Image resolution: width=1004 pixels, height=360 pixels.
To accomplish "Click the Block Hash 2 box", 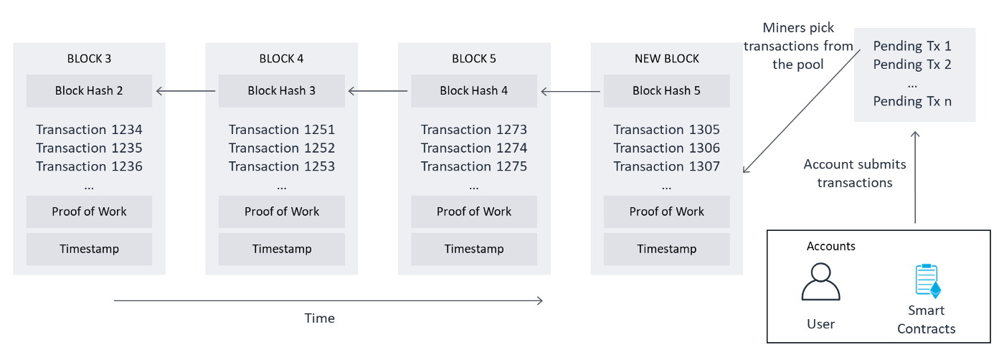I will [x=89, y=91].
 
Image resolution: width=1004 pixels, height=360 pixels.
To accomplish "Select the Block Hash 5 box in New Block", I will [x=666, y=91].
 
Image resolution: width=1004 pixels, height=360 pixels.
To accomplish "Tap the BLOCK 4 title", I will [x=281, y=59].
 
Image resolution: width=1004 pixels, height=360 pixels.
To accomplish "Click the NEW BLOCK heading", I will [x=666, y=59].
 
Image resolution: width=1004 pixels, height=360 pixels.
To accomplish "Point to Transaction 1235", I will [x=89, y=148].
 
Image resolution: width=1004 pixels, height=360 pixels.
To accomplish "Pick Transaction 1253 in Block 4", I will [x=281, y=166].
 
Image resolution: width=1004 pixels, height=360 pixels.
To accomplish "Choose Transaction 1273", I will [x=473, y=130].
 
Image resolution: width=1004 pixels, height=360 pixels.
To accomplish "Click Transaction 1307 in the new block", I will [x=666, y=166].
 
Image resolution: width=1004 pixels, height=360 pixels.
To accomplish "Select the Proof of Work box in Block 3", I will [x=89, y=212].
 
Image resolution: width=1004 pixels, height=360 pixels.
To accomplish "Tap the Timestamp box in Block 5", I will [x=473, y=249].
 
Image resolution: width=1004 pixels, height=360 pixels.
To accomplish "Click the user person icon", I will [x=820, y=282].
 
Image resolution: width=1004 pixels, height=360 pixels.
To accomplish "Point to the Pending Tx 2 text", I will [x=912, y=65].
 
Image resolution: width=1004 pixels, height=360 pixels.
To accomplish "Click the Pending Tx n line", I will [x=912, y=101].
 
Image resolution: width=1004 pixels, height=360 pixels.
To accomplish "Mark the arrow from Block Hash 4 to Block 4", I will [x=377, y=91].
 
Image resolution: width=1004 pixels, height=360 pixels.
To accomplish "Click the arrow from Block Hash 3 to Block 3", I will [x=185, y=91].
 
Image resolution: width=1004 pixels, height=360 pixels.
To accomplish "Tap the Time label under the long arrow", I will [x=319, y=318].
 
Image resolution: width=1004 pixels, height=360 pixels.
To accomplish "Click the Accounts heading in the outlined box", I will [x=830, y=246].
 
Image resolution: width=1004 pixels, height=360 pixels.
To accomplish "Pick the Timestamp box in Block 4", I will [x=281, y=249].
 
